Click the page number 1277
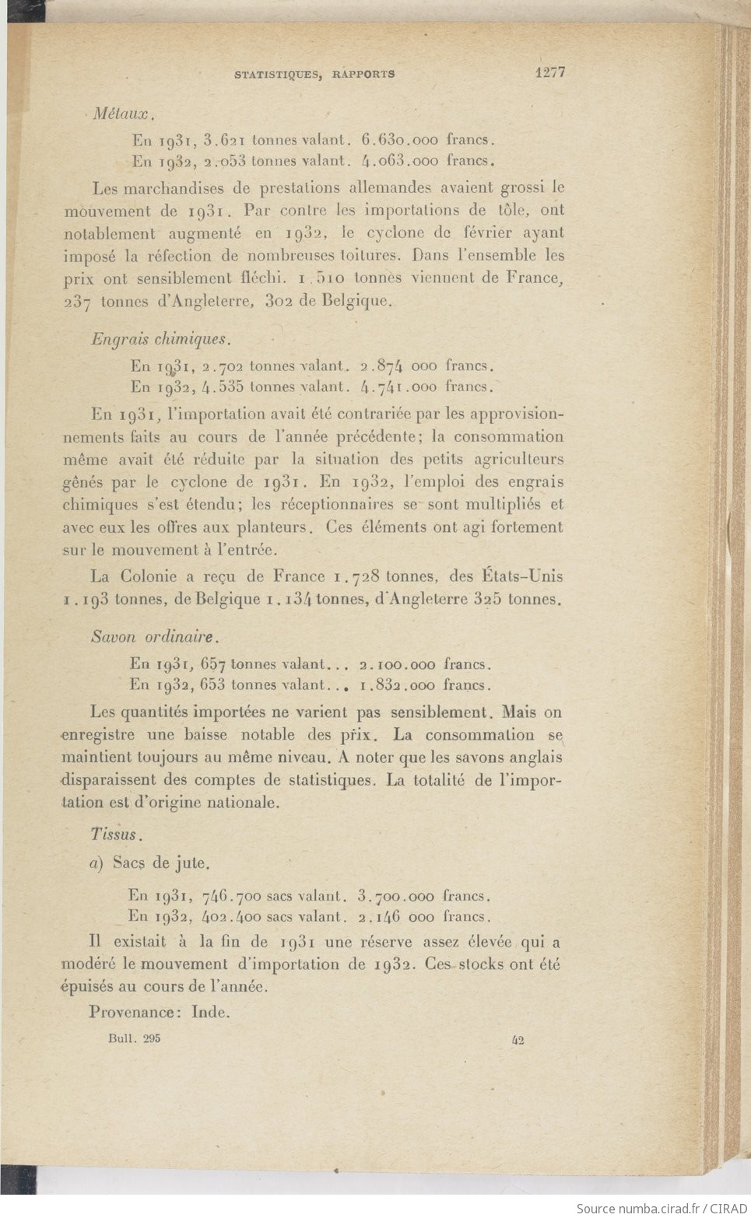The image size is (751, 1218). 549,72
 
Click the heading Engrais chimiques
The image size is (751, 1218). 160,339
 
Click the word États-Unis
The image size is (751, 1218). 520,576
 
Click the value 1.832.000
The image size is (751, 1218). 397,686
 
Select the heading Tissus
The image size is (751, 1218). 115,835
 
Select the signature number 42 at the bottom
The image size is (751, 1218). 518,1040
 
